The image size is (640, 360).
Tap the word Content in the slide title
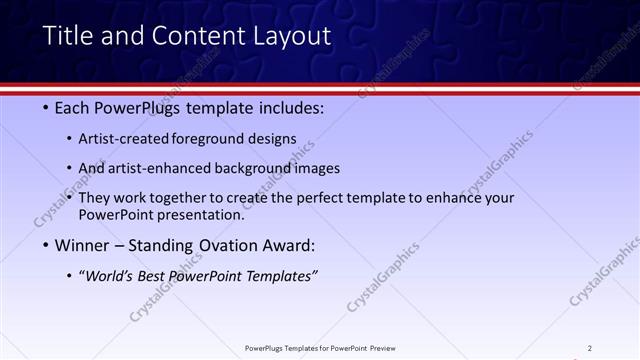192,37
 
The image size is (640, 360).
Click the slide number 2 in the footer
590,348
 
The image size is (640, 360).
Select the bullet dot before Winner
47,244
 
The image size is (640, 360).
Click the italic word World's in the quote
110,275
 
